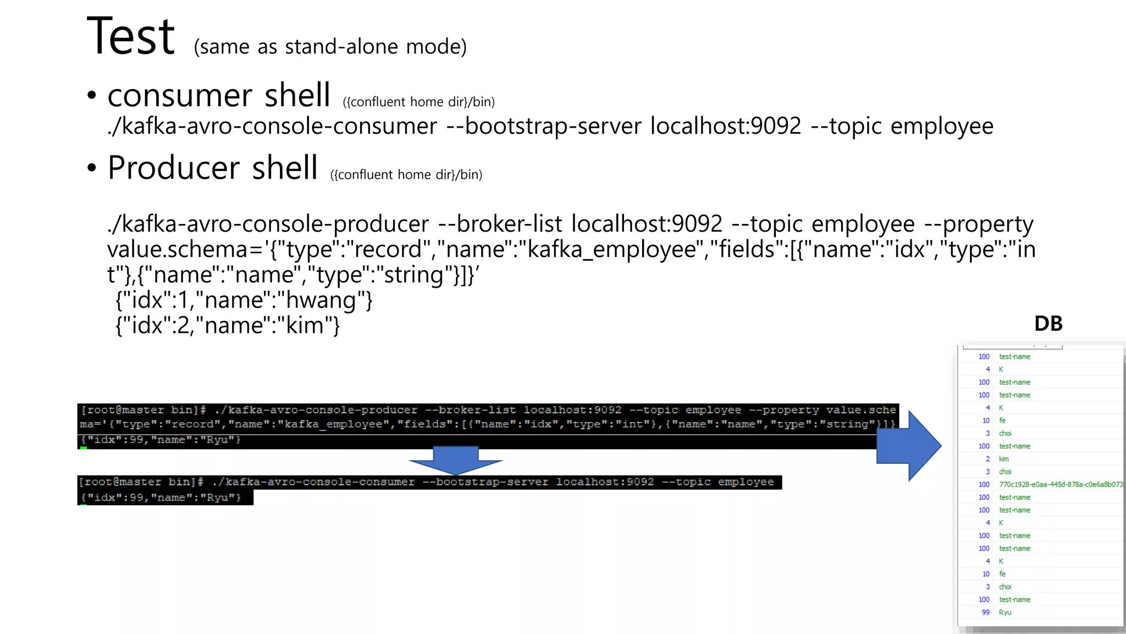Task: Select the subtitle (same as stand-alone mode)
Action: click(x=330, y=47)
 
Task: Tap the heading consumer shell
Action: click(x=219, y=95)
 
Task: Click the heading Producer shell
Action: click(x=213, y=168)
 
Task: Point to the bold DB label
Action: click(x=1048, y=324)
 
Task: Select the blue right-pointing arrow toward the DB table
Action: click(x=908, y=446)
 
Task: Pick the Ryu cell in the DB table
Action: click(x=1004, y=613)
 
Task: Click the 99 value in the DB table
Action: click(x=985, y=613)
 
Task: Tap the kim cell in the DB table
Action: click(x=1003, y=459)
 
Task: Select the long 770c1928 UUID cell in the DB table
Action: click(x=1061, y=484)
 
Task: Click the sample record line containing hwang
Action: click(x=244, y=300)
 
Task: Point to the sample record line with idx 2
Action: click(x=228, y=326)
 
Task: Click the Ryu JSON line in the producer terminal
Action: click(x=161, y=440)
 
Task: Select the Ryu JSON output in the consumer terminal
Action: click(x=161, y=498)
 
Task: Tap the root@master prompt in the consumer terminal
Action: click(x=141, y=482)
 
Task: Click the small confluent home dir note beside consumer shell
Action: click(x=418, y=102)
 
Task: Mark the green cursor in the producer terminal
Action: click(x=84, y=448)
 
